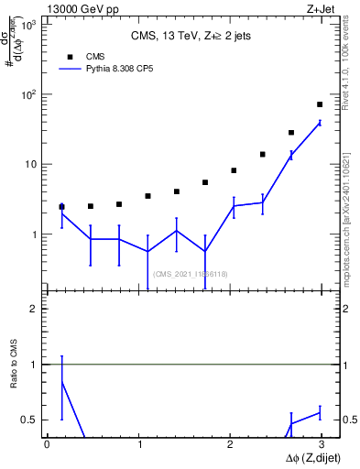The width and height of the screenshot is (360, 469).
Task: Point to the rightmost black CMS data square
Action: (x=320, y=104)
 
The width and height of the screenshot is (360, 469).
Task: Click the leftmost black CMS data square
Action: (x=61, y=207)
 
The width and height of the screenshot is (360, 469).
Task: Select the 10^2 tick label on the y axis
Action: (x=30, y=94)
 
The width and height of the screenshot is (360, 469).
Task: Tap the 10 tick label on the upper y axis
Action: (x=33, y=165)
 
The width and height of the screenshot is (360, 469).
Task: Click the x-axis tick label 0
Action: (x=47, y=443)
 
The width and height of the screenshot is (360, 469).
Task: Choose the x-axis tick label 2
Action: (x=231, y=443)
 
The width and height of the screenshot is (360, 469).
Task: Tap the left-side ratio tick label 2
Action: (x=36, y=309)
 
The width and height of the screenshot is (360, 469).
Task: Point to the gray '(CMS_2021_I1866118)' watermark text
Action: (x=191, y=274)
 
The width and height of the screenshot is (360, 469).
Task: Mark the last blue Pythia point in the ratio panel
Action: (x=320, y=413)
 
